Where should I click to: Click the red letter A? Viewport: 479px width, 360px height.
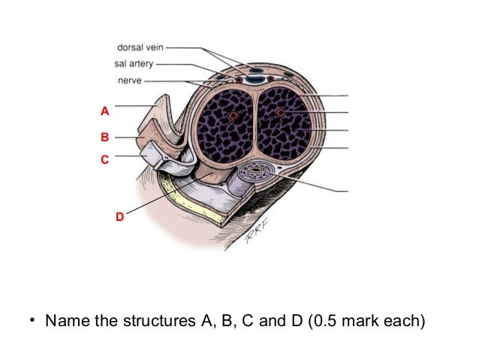(x=105, y=110)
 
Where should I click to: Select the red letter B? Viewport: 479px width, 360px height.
(x=105, y=138)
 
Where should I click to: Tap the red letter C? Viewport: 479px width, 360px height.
(x=105, y=159)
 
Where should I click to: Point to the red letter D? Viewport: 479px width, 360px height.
(x=119, y=216)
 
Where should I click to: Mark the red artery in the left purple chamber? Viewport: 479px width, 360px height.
(x=233, y=116)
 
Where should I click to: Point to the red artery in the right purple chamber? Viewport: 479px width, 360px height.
(x=281, y=113)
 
